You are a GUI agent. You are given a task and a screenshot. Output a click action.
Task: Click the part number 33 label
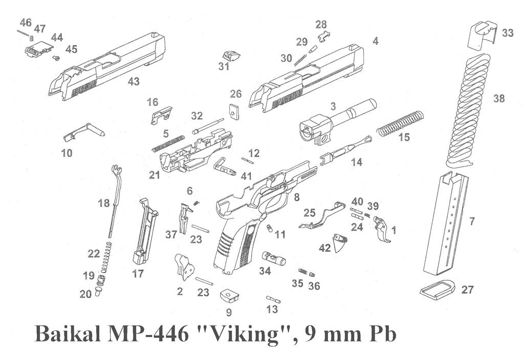pyautogui.click(x=507, y=33)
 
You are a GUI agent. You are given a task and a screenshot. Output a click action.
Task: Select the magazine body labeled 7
pyautogui.click(x=447, y=225)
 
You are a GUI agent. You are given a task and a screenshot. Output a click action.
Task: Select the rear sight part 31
pyautogui.click(x=231, y=55)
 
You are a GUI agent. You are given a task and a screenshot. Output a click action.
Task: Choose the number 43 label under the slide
pyautogui.click(x=134, y=82)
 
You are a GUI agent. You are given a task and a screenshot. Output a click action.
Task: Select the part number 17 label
pyautogui.click(x=138, y=274)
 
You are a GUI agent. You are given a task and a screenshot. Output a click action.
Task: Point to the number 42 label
pyautogui.click(x=325, y=248)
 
